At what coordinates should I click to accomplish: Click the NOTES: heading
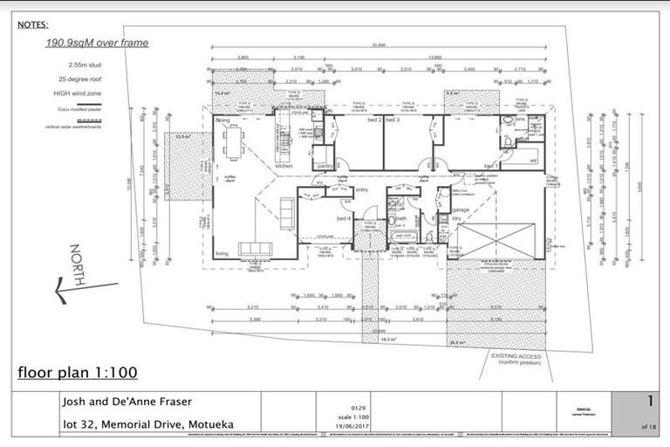coord(33,25)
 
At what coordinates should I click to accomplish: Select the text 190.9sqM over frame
coord(97,43)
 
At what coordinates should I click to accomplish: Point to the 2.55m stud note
coord(85,65)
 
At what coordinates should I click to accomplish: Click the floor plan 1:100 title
coord(78,373)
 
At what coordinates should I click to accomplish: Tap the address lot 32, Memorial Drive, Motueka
coord(147,424)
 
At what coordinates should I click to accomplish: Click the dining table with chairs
coord(232,142)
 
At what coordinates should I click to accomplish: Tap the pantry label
coord(324,165)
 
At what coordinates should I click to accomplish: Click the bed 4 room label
coord(319,217)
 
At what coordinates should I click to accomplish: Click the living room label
coord(222,254)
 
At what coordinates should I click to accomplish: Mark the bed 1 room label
coord(490,165)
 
